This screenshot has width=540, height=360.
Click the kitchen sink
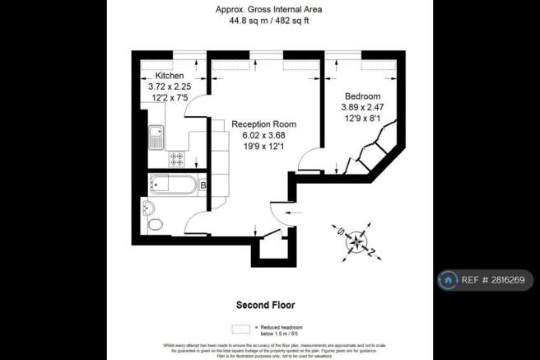click(x=155, y=138)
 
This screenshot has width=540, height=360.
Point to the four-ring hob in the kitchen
click(x=177, y=157)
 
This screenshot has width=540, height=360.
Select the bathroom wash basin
click(x=148, y=206)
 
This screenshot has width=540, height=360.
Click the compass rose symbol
click(x=356, y=240)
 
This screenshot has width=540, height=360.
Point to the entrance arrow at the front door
click(x=275, y=216)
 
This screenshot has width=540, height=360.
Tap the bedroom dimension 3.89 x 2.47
click(x=362, y=107)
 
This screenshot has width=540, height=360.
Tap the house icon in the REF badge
click(x=449, y=280)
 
